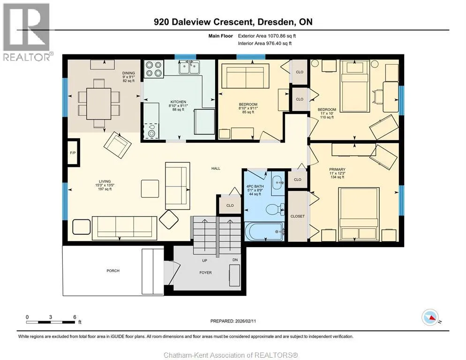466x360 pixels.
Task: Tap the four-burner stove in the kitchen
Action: point(154,69)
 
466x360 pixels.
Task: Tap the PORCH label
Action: point(113,271)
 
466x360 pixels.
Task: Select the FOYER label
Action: point(206,273)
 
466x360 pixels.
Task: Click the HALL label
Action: point(216,169)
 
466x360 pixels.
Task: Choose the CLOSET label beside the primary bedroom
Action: point(298,217)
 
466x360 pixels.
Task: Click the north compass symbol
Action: point(430,317)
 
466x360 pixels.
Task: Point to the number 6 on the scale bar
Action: point(75,317)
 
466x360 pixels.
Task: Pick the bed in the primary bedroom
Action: point(359,214)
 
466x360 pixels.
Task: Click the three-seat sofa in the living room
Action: point(125,228)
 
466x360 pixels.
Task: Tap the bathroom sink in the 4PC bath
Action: point(278,183)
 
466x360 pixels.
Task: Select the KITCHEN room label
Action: point(178,102)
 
